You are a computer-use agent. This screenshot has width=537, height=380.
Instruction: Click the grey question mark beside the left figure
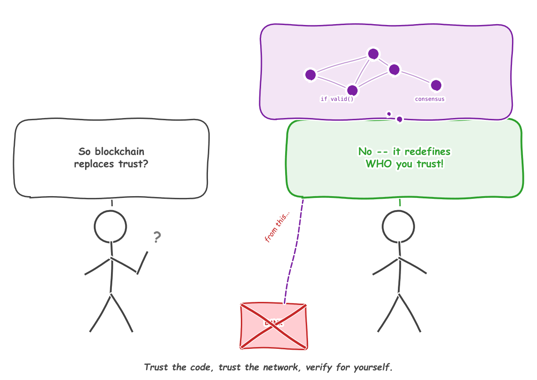click(157, 237)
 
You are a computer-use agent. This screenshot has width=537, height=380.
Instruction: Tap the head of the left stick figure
click(111, 227)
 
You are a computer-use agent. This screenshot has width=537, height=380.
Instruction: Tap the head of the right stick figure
click(398, 227)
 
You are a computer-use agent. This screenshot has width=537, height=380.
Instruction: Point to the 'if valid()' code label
click(337, 99)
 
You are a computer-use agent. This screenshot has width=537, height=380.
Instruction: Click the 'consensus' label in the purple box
click(430, 99)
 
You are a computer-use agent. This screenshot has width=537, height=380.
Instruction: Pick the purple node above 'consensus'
click(436, 85)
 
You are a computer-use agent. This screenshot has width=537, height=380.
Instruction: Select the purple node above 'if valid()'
click(352, 90)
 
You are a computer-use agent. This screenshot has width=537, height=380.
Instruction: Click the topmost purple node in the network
click(373, 54)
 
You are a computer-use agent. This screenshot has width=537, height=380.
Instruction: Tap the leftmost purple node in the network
click(311, 75)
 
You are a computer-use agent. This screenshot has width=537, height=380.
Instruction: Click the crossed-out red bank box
click(274, 326)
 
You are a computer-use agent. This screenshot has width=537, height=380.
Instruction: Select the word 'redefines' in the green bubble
click(427, 152)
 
